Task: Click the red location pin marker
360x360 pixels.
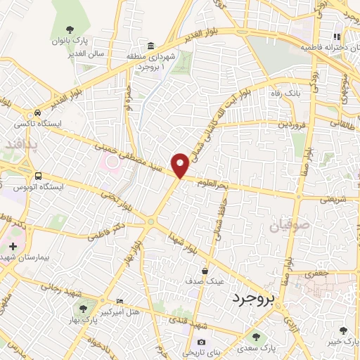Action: point(181,164)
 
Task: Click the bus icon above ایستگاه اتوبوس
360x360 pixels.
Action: point(37,176)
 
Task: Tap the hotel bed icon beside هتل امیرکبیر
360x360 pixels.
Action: point(119,300)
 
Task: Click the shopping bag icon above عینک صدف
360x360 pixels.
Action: point(205,271)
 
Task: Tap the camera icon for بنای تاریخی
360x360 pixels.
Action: point(199,342)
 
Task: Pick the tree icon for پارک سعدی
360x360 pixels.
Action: point(256,337)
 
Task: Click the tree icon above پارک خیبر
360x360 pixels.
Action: point(343,330)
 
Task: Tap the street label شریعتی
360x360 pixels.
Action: point(334,198)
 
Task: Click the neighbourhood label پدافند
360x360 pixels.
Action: point(19,143)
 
